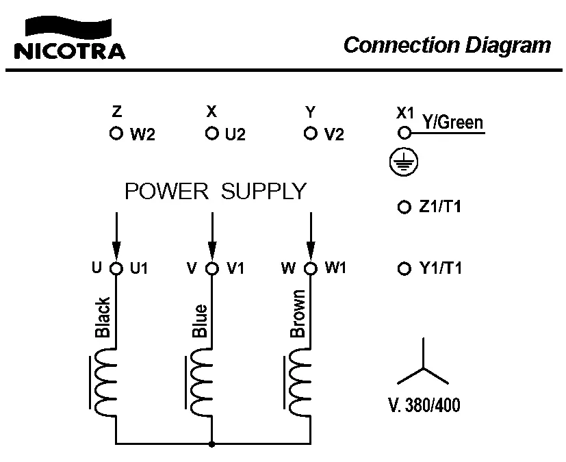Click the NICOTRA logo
68,39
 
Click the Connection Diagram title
446,45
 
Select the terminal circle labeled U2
212,133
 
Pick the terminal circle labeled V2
311,133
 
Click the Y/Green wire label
452,123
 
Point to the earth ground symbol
401,162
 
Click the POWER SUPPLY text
215,192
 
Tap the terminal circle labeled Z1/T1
404,207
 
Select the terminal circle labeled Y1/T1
404,268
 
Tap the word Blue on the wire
200,322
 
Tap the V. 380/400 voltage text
424,405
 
